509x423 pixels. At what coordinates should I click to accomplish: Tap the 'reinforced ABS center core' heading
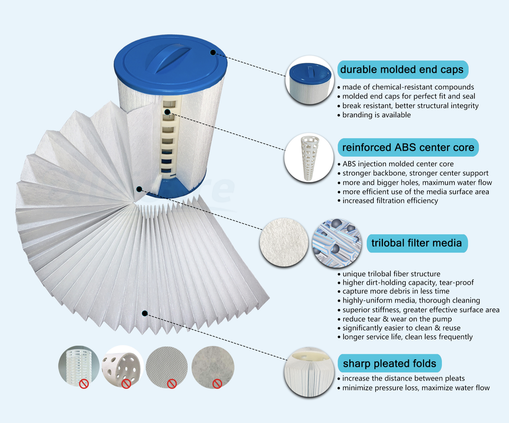(x=408, y=147)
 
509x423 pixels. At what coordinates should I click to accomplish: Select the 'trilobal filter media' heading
(x=417, y=244)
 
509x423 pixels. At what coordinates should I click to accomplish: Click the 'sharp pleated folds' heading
(x=389, y=364)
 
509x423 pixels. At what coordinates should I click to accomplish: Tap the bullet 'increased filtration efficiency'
(x=390, y=201)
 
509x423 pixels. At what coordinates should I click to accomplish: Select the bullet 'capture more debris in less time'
(x=396, y=291)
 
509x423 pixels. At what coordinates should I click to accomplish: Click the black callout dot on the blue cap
(x=213, y=52)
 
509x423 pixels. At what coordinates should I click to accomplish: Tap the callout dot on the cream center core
(x=167, y=112)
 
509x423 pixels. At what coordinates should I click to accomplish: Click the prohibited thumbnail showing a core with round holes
(x=122, y=366)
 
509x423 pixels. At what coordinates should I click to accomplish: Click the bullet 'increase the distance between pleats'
(x=403, y=378)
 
